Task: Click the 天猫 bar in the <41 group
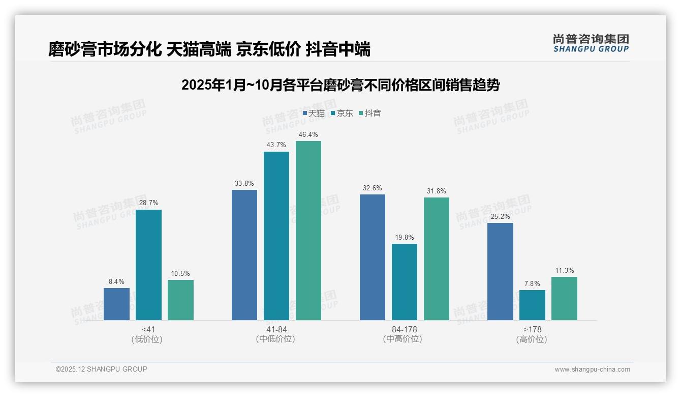(116, 304)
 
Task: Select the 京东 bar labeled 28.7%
(148, 265)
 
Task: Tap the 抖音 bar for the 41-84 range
(308, 231)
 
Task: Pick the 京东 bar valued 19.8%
(405, 282)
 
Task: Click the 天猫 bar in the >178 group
(500, 271)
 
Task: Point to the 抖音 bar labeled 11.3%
(564, 298)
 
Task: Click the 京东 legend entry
(342, 113)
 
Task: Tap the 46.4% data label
(308, 135)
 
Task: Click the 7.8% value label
(532, 284)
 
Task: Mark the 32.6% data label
(373, 188)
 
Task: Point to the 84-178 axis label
(405, 330)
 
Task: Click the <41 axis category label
(148, 330)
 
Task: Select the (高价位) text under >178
(532, 339)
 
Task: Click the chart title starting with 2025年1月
(340, 85)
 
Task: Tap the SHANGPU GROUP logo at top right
(591, 43)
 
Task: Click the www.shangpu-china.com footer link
(592, 370)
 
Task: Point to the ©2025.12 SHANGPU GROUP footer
(102, 369)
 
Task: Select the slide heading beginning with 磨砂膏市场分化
(209, 49)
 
